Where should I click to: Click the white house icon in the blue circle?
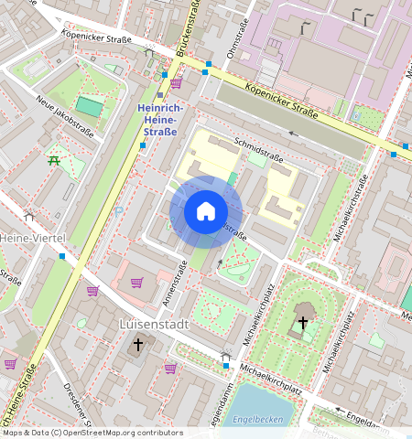click(x=206, y=212)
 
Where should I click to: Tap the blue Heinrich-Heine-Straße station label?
click(x=160, y=119)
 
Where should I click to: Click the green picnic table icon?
click(x=54, y=161)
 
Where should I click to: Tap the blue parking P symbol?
click(x=117, y=211)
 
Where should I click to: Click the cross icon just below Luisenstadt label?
click(x=138, y=345)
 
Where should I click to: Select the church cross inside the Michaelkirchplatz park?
click(x=302, y=323)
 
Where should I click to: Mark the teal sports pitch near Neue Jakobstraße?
click(x=89, y=106)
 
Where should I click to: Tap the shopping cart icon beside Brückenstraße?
click(x=176, y=83)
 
